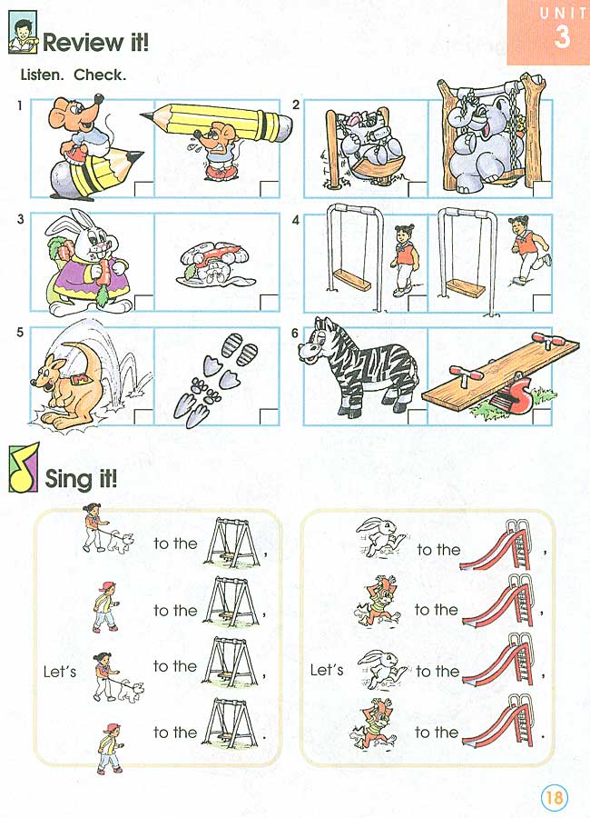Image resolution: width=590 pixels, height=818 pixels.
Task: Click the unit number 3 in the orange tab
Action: coord(563,37)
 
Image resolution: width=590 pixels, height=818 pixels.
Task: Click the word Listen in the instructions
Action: coord(42,75)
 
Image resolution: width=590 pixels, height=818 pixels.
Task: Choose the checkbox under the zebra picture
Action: coord(417,415)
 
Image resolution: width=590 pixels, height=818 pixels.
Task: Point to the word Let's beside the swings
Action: coord(60,672)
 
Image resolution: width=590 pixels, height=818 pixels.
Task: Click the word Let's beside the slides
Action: coord(327,670)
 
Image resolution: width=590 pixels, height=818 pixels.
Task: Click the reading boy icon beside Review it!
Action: coord(22,39)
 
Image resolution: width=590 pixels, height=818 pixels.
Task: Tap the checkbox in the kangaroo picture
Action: coord(144,415)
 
